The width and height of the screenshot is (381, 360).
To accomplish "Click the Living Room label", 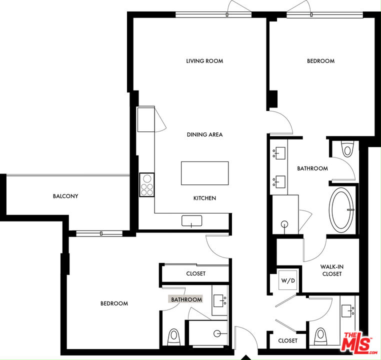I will pyautogui.click(x=204, y=61).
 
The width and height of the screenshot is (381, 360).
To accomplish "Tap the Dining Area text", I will pyautogui.click(x=204, y=134).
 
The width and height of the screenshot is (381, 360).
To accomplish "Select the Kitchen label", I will pyautogui.click(x=204, y=198).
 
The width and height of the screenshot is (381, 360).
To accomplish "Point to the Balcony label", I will pyautogui.click(x=65, y=196).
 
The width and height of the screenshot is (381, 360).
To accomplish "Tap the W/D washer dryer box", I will pyautogui.click(x=288, y=280).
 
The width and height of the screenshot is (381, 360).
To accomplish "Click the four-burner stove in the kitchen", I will pyautogui.click(x=147, y=184).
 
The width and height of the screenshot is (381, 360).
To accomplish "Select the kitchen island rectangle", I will pyautogui.click(x=204, y=173).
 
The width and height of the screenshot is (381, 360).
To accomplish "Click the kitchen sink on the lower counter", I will pyautogui.click(x=191, y=220).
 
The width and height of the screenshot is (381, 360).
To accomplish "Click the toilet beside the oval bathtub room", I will pyautogui.click(x=347, y=149).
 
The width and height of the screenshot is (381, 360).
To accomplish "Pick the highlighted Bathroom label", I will pyautogui.click(x=186, y=299).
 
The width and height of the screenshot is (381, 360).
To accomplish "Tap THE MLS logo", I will pyautogui.click(x=358, y=342).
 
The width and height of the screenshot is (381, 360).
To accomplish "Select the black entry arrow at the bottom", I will pyautogui.click(x=245, y=357).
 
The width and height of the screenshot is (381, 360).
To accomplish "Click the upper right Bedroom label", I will pyautogui.click(x=320, y=61).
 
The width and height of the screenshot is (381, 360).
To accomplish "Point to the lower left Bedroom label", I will pyautogui.click(x=114, y=303).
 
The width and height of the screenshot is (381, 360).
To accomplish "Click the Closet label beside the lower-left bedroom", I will pyautogui.click(x=195, y=273).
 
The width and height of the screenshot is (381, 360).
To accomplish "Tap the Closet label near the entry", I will pyautogui.click(x=287, y=340).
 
